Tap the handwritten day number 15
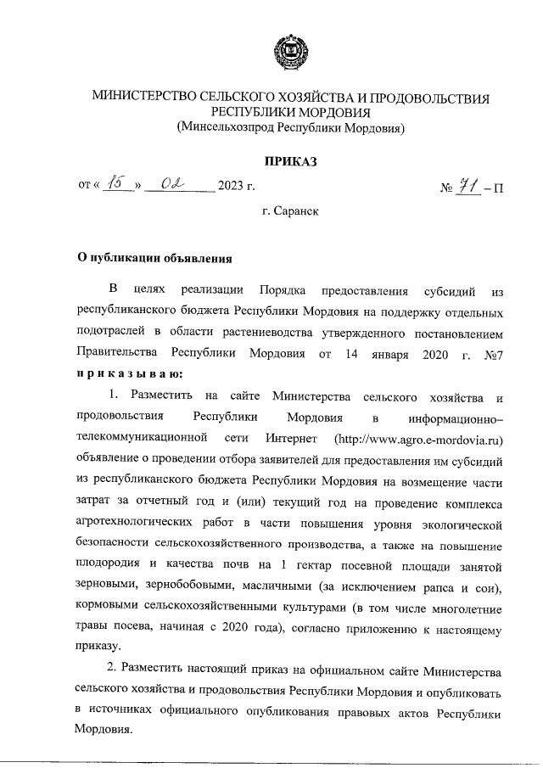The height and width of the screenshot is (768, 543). [x=118, y=184]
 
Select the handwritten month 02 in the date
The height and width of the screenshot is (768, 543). [x=176, y=184]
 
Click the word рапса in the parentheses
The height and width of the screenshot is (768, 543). [x=445, y=588]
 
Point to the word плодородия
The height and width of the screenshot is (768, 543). [x=106, y=567]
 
